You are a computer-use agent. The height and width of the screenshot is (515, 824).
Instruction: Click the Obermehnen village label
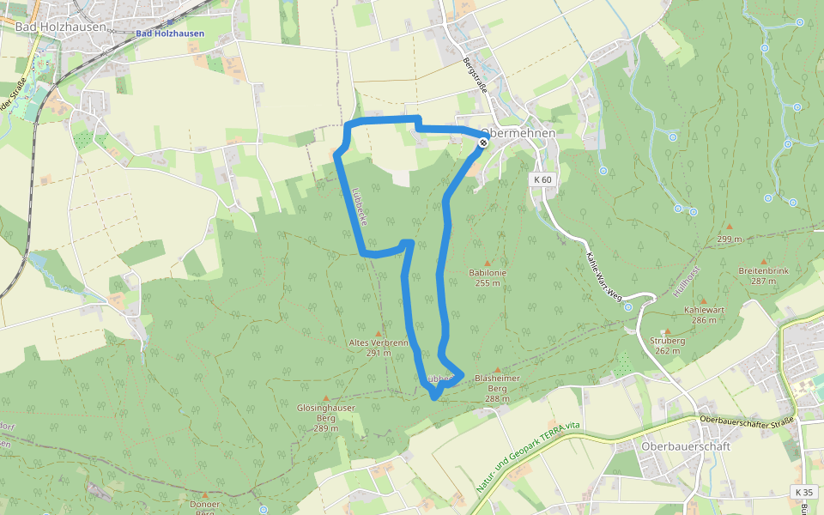[x=520, y=134]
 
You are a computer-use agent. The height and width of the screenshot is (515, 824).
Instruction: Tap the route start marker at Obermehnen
[x=483, y=142]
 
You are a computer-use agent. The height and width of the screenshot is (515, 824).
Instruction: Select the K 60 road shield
[x=542, y=179]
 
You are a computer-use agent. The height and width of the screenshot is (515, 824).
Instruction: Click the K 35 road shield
[x=803, y=492]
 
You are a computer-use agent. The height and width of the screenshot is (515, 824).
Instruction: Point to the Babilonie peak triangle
[x=488, y=264]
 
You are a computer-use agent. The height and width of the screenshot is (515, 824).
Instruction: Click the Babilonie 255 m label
[x=488, y=277]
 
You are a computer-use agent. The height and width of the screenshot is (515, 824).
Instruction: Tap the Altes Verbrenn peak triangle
[x=378, y=333]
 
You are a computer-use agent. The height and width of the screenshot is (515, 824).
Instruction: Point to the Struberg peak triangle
[x=667, y=330]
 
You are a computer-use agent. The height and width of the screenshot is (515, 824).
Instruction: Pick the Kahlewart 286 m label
[x=700, y=314]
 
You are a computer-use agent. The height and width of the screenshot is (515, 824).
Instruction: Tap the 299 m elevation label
[x=730, y=239]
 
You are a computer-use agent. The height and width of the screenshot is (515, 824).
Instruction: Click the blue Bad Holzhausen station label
[x=169, y=33]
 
